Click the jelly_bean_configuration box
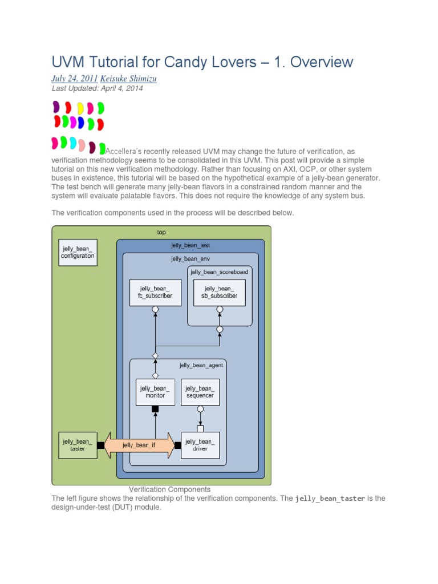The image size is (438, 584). click(x=78, y=252)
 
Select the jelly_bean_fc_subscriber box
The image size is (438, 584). click(x=155, y=292)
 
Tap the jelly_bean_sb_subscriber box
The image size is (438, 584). click(x=220, y=292)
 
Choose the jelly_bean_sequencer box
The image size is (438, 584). click(x=200, y=392)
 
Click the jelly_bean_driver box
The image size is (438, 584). click(x=200, y=445)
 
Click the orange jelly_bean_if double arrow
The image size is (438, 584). click(x=139, y=445)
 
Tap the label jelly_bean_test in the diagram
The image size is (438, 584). click(x=190, y=245)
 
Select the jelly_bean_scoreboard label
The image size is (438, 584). click(x=220, y=272)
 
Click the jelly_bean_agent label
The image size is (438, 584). click(x=201, y=366)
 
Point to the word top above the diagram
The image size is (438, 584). click(x=161, y=232)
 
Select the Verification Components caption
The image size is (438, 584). click(x=169, y=489)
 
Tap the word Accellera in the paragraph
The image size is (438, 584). click(x=123, y=152)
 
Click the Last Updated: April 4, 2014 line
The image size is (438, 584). click(x=97, y=88)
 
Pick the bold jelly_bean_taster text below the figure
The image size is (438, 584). click(x=330, y=498)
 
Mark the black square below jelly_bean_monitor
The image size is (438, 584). click(x=155, y=409)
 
